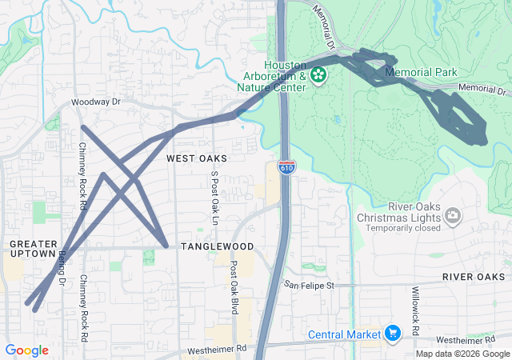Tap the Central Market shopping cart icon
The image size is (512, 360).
click(x=392, y=333)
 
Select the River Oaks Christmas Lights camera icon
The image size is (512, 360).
click(x=453, y=215)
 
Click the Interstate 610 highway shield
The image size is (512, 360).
click(x=286, y=167)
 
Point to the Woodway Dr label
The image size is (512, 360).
click(x=95, y=102)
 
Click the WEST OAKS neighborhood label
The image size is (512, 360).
click(x=197, y=158)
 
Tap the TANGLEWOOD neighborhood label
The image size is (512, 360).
click(x=217, y=246)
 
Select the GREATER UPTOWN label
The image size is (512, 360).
click(x=34, y=249)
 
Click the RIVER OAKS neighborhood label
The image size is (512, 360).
click(x=474, y=277)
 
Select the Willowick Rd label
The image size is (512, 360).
click(x=415, y=310)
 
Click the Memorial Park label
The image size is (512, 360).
click(x=421, y=72)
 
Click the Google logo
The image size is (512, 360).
click(x=26, y=350)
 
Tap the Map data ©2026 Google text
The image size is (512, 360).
click(x=462, y=354)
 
